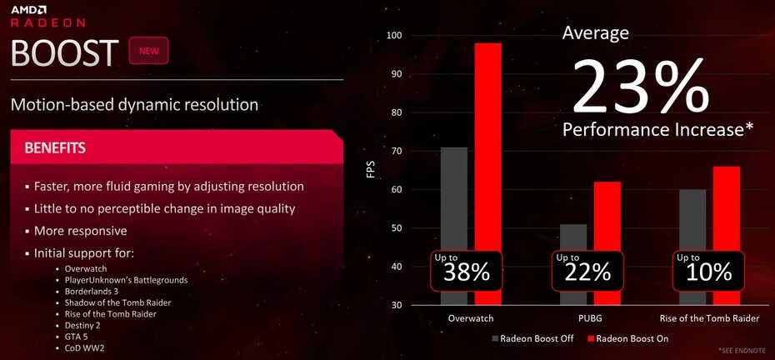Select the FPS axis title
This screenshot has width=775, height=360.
(x=371, y=169)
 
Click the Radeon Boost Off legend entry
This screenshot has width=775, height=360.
(x=532, y=338)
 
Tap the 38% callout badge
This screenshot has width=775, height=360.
(x=466, y=271)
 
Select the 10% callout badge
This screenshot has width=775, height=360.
(x=709, y=271)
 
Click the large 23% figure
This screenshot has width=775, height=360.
(x=641, y=87)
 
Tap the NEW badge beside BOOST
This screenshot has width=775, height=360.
(x=149, y=51)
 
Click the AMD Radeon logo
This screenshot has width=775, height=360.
(x=48, y=17)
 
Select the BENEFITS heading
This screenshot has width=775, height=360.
(x=55, y=147)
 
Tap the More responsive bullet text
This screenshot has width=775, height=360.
(x=80, y=231)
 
